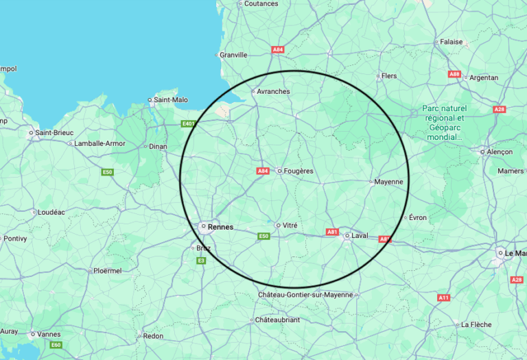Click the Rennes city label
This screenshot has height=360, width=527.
220,227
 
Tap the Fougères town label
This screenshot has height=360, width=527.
298,171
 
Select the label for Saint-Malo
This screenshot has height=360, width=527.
171,100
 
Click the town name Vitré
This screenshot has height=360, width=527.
290,225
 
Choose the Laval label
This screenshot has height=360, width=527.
360,236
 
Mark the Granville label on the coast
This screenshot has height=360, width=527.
233,55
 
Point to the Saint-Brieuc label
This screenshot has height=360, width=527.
54,132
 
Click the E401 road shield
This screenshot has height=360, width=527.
188,124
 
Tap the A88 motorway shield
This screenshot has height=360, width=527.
454,74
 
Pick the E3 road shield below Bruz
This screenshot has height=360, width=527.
201,261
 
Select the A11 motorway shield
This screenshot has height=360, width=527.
443,298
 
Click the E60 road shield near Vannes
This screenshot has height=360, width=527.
56,344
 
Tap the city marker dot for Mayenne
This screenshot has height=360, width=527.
371,182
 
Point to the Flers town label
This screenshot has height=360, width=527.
389,76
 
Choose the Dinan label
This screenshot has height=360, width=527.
158,146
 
